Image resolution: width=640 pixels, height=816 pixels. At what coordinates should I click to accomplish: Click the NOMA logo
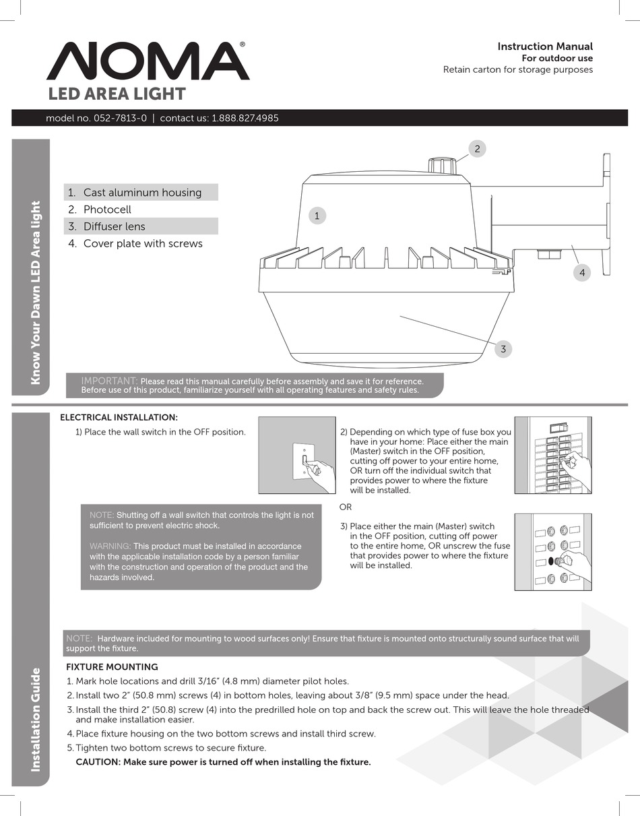[x=148, y=62]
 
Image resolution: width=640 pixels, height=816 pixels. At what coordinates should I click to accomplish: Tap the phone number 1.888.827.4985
[x=245, y=119]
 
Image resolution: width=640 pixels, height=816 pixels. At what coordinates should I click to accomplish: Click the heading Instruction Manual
[x=544, y=46]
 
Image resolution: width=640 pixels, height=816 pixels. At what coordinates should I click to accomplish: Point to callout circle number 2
[x=477, y=149]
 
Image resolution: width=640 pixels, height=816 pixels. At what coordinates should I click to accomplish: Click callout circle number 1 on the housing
[x=317, y=216]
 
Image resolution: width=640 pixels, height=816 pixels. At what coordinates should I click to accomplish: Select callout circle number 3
[x=503, y=349]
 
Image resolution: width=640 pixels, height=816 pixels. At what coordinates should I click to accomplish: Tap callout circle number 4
[x=581, y=273]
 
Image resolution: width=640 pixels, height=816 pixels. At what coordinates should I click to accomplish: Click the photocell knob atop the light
[x=443, y=166]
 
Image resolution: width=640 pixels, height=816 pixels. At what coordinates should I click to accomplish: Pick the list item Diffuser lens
[x=114, y=226]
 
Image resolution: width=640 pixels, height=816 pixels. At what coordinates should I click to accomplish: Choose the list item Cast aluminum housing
[x=142, y=193]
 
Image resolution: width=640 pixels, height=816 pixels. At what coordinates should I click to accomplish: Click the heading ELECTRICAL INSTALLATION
[x=119, y=418]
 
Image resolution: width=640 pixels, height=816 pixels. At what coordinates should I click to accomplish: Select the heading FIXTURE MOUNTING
[x=112, y=667]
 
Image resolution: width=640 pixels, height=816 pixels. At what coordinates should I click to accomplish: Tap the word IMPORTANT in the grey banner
[x=109, y=381]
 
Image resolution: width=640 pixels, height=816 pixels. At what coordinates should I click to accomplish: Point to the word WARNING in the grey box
[x=110, y=546]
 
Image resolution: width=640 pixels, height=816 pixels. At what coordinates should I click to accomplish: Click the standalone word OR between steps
[x=345, y=507]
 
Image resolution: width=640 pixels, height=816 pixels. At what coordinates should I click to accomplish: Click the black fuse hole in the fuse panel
[x=552, y=561]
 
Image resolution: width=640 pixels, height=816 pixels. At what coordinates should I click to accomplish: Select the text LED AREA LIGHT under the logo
[x=116, y=94]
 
